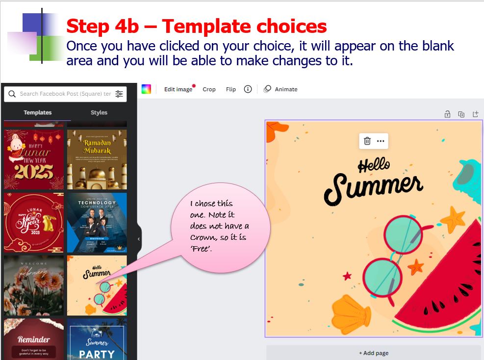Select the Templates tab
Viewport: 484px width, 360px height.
tap(38, 112)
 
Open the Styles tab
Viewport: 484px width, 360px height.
tap(99, 112)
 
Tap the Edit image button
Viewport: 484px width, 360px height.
tap(178, 89)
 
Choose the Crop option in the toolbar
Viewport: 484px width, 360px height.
tap(209, 89)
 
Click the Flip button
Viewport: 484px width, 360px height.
tap(231, 89)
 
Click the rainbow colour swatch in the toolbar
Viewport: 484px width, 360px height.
tap(146, 89)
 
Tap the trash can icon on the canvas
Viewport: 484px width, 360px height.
tap(367, 141)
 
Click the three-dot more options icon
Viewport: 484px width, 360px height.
tap(381, 141)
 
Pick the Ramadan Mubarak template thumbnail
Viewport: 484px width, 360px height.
tap(97, 159)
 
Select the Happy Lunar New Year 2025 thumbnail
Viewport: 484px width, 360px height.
tap(34, 159)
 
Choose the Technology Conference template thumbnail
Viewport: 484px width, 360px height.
tap(97, 222)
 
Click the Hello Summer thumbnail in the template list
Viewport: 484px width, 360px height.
tap(97, 285)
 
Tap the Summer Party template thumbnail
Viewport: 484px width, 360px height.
tap(97, 339)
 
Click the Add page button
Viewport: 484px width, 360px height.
tap(374, 353)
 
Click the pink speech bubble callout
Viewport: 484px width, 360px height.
tap(221, 227)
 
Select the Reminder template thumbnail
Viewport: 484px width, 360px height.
tap(34, 339)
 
